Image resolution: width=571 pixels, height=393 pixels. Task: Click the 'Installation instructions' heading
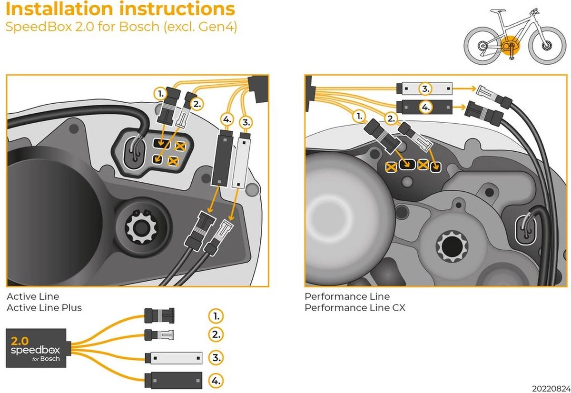pyautogui.click(x=120, y=9)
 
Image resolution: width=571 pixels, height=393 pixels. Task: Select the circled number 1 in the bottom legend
pyautogui.click(x=216, y=315)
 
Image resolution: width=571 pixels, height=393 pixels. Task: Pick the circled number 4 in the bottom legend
pyautogui.click(x=216, y=380)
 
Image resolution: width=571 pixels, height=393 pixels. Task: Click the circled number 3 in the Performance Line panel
pyautogui.click(x=425, y=88)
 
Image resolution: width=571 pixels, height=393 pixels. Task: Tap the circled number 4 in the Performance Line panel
pyautogui.click(x=425, y=107)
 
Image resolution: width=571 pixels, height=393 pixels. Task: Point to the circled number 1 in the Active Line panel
pyautogui.click(x=161, y=94)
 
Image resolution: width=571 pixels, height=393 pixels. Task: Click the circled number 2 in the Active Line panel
pyautogui.click(x=196, y=103)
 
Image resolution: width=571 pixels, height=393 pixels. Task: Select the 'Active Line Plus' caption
pyautogui.click(x=44, y=308)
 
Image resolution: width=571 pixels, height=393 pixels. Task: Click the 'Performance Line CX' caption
pyautogui.click(x=355, y=308)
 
